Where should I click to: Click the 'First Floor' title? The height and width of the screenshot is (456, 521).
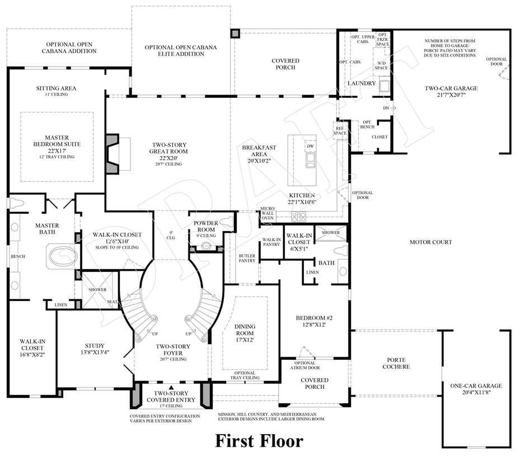[259, 440]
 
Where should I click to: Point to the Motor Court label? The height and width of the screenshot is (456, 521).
[431, 242]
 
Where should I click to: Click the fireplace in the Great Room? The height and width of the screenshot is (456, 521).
[114, 153]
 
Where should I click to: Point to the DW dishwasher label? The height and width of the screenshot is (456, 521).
[309, 147]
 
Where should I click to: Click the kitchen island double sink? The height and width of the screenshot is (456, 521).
[309, 161]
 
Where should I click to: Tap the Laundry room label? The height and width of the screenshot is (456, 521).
[362, 83]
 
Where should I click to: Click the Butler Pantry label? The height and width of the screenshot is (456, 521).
[247, 257]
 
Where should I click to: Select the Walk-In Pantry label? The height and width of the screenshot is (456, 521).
[271, 242]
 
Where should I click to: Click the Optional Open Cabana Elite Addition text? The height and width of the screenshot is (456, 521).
[180, 50]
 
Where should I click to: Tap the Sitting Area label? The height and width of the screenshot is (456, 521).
[56, 91]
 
